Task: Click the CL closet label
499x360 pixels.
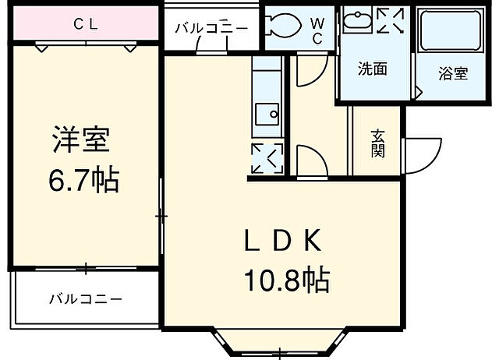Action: pos(85,23)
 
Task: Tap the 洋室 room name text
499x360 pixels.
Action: pos(80,141)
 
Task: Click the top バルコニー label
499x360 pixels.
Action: pos(211,29)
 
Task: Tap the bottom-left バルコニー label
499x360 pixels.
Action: pos(86,299)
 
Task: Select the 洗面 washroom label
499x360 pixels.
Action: pos(372,69)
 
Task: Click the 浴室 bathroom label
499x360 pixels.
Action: pos(452,74)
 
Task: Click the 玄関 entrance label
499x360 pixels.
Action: pos(377,143)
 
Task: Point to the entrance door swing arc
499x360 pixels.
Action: pos(421,152)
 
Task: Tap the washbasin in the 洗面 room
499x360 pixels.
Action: pos(357,22)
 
